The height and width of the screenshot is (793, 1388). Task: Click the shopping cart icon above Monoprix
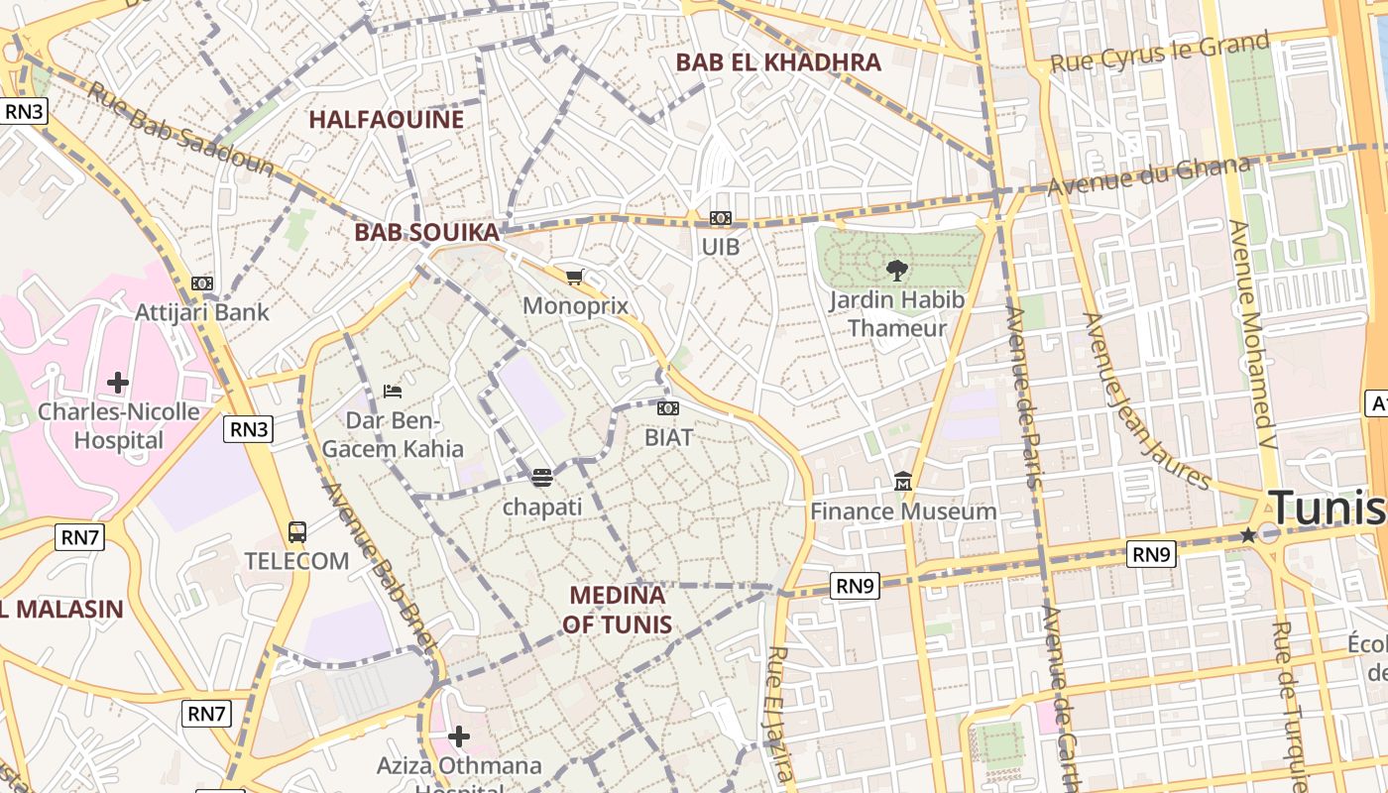click(x=574, y=277)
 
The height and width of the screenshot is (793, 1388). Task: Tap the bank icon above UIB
click(x=721, y=218)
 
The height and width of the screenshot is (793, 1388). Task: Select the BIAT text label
click(x=668, y=437)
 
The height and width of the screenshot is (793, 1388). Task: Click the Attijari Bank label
click(x=202, y=312)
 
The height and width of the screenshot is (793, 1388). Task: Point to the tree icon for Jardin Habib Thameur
click(x=896, y=270)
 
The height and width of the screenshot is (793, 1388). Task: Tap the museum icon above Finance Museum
click(x=902, y=482)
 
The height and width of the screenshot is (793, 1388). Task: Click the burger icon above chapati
click(x=541, y=478)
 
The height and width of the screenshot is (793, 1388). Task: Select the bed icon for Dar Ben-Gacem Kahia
click(x=393, y=391)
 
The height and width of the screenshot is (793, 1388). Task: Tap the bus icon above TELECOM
click(x=296, y=531)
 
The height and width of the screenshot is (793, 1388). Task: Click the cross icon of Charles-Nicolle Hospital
click(x=118, y=382)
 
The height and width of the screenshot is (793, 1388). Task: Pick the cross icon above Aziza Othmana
click(x=459, y=736)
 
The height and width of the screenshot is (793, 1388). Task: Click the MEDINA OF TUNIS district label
click(x=617, y=610)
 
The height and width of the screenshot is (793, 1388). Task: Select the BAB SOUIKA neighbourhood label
click(x=426, y=233)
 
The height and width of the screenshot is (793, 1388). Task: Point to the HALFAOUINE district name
click(x=386, y=120)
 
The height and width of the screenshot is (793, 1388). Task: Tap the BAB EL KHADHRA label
click(x=778, y=62)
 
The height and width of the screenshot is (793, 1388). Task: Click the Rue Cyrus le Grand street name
click(x=1159, y=52)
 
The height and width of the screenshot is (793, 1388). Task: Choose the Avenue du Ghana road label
click(x=1149, y=176)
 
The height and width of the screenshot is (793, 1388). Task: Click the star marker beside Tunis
click(x=1248, y=535)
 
